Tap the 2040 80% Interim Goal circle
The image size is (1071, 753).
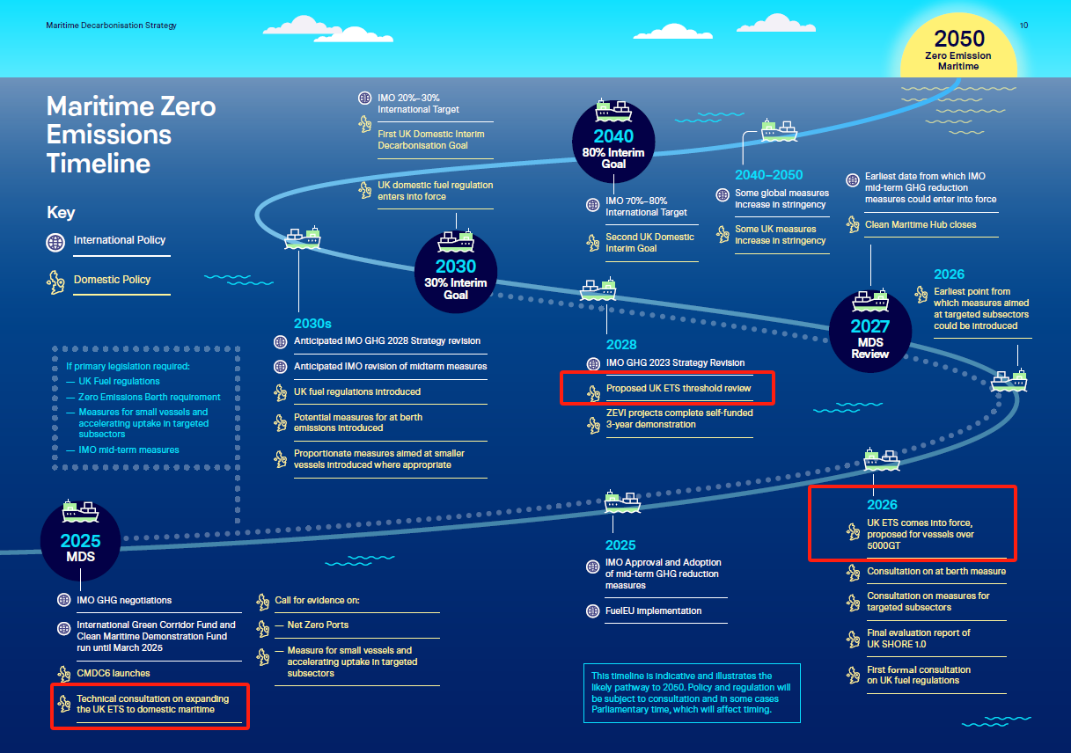(613, 143)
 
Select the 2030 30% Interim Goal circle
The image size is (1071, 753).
(456, 273)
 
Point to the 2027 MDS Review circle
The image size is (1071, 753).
(870, 332)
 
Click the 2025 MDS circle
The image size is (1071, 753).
(80, 541)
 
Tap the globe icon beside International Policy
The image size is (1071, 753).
(55, 242)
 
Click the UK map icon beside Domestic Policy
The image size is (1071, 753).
(56, 281)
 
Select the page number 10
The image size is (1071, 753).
(1023, 26)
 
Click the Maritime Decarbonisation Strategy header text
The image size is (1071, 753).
(111, 26)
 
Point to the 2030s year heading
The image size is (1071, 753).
(312, 324)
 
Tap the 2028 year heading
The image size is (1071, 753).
(621, 345)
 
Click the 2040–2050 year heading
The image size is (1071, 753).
(768, 175)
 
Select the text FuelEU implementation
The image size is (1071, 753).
(653, 610)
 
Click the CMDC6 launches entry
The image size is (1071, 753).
(114, 673)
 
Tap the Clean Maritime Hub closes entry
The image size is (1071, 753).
(921, 224)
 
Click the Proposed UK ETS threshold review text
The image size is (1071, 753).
(679, 388)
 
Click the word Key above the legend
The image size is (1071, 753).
(61, 212)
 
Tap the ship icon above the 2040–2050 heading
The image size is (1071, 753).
(780, 130)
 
